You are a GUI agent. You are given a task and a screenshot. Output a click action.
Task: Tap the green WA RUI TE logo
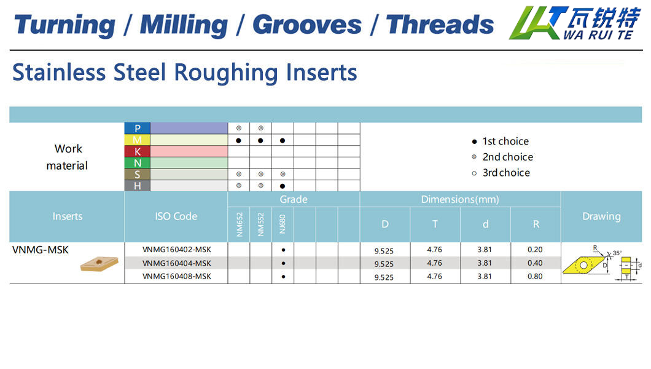575,23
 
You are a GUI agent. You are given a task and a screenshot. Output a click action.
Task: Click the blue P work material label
137,129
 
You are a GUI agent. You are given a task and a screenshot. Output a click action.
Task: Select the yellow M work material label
137,140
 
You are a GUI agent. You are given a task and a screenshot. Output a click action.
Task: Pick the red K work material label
137,152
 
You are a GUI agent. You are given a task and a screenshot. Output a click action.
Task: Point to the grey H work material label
137,186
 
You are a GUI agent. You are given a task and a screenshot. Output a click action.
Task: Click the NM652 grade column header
239,224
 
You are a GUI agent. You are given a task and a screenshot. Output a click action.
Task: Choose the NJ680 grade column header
283,224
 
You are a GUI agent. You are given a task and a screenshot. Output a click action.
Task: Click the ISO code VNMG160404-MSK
176,263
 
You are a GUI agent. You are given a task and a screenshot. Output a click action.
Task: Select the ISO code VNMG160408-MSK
176,276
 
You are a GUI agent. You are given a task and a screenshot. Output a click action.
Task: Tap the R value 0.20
535,249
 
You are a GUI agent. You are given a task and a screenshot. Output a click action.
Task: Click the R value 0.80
535,276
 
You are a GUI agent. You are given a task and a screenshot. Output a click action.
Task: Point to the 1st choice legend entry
501,141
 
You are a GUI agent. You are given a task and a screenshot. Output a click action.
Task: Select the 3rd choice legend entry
501,173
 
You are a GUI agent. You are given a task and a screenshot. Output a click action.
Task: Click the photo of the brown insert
99,263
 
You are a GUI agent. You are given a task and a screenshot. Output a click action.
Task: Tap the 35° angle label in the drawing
617,253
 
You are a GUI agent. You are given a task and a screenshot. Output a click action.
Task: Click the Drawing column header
601,216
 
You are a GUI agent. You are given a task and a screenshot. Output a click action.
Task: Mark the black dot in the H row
283,186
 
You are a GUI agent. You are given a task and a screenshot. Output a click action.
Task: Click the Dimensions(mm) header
460,199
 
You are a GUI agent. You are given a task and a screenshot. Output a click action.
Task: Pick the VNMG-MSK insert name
41,250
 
